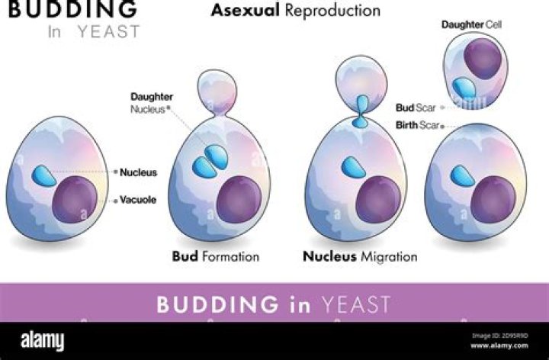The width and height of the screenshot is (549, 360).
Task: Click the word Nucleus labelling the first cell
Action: [138, 172]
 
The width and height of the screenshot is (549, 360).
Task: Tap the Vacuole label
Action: [138, 200]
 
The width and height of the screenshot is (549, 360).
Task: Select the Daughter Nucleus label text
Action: [152, 103]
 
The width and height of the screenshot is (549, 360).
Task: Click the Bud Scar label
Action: [416, 108]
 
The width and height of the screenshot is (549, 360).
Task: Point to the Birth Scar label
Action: [417, 125]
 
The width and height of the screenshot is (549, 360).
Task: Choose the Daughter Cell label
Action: [471, 24]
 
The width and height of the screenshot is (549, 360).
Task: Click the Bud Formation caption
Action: [216, 256]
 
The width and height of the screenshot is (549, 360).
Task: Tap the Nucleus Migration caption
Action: [360, 256]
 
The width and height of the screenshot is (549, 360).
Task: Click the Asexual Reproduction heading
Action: [296, 10]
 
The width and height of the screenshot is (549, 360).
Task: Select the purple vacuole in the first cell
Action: [75, 200]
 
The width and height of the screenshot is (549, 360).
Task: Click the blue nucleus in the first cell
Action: [43, 175]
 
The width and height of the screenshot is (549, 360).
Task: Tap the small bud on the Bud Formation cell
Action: [217, 92]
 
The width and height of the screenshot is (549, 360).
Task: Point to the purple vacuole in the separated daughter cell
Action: [483, 59]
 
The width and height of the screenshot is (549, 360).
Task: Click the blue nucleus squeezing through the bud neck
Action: [361, 111]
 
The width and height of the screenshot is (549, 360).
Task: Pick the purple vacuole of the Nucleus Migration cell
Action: [378, 200]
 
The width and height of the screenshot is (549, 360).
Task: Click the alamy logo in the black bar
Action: [43, 340]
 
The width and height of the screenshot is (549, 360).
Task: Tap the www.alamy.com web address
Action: [499, 346]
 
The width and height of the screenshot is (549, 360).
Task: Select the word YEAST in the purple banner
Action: [356, 304]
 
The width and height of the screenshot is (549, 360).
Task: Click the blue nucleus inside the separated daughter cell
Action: [464, 88]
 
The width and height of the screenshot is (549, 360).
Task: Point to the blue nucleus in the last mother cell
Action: [462, 175]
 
